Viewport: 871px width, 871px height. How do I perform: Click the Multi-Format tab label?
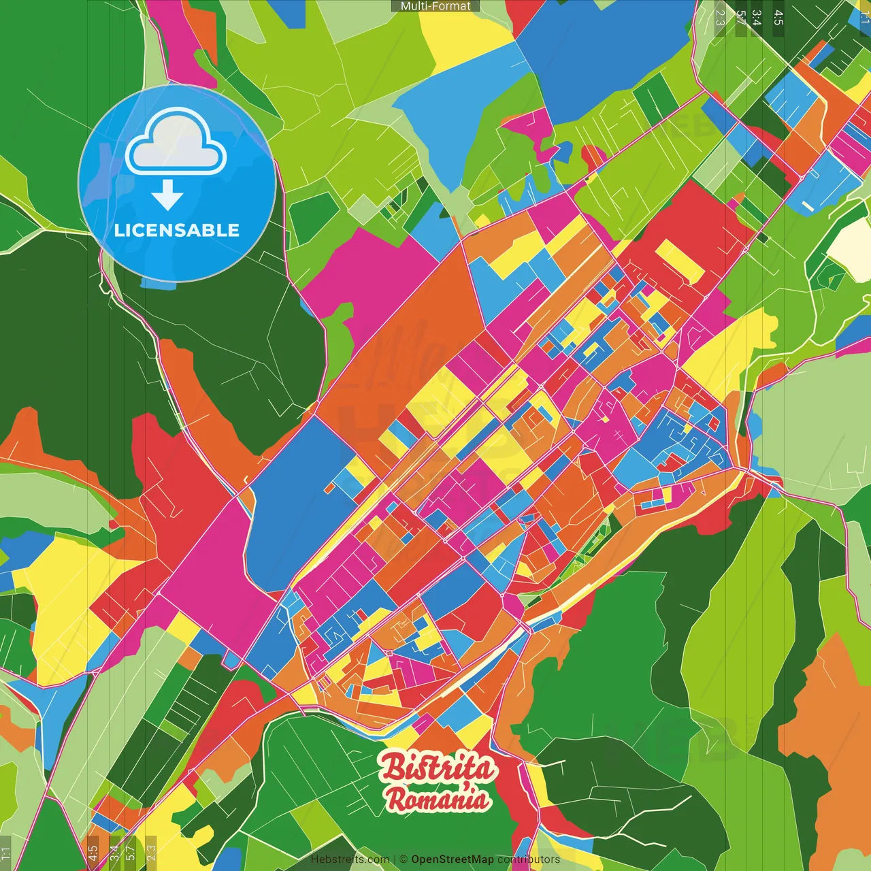[435, 6]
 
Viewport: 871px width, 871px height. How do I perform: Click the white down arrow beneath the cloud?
[167, 195]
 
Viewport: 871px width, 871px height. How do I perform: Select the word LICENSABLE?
[177, 230]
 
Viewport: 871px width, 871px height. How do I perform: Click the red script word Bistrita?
[438, 768]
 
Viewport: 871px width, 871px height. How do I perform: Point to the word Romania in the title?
[438, 799]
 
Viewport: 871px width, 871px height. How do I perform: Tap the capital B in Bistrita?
[393, 767]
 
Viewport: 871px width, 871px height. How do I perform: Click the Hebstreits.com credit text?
[350, 859]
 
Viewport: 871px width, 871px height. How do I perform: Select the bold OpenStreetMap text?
[453, 859]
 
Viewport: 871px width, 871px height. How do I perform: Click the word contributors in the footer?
[529, 859]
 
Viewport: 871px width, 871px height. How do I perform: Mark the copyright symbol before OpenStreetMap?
[404, 859]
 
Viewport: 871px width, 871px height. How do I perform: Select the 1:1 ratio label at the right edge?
[865, 16]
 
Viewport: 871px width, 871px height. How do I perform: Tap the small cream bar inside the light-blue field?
[808, 205]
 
